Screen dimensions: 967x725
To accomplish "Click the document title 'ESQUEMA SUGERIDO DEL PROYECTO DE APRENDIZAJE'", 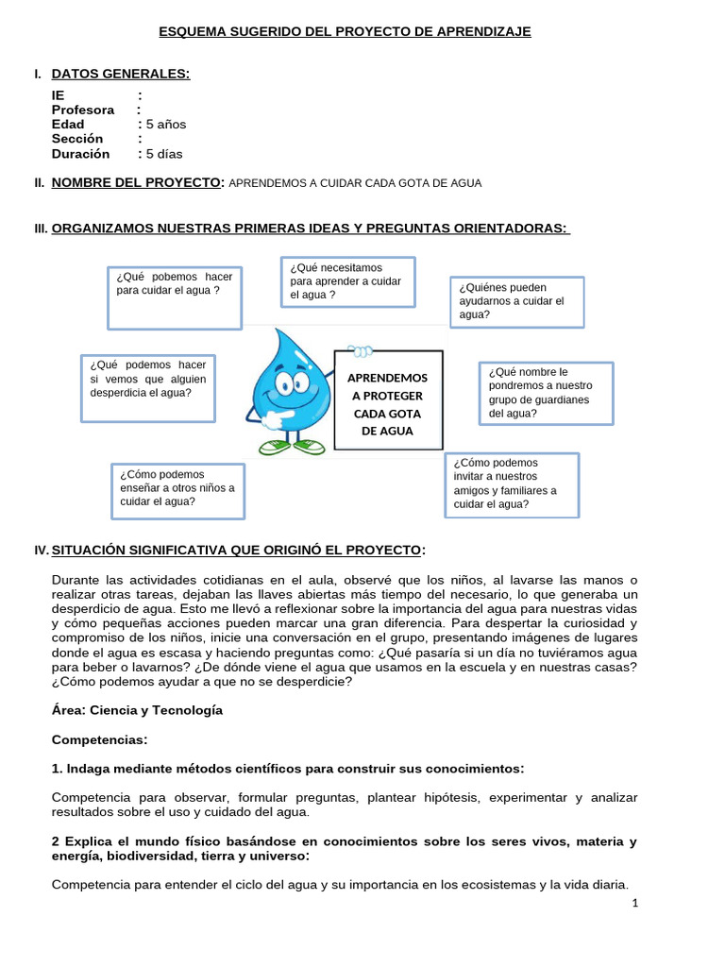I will [x=344, y=32].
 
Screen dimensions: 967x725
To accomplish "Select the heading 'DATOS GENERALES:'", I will [x=120, y=74].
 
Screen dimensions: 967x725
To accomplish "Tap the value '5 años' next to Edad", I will [x=165, y=124].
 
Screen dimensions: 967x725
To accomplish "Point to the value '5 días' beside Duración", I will [x=163, y=153].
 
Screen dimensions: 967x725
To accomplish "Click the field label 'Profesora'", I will [x=83, y=110].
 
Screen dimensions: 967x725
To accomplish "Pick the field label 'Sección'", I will [x=77, y=139].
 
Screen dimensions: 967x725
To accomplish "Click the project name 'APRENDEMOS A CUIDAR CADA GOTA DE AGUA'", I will [x=355, y=183].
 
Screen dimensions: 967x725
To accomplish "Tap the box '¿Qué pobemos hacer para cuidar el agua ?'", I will [x=174, y=297].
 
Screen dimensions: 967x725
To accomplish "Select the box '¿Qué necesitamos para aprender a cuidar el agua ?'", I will [x=347, y=281].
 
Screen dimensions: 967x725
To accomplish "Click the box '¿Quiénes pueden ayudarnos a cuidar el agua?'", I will [x=515, y=301].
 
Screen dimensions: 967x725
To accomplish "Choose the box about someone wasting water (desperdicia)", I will [x=149, y=388].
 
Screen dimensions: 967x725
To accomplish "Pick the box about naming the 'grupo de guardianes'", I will [x=546, y=393].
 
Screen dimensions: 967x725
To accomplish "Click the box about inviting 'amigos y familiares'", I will [x=511, y=484].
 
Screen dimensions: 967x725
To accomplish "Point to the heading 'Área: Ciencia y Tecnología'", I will [x=137, y=710].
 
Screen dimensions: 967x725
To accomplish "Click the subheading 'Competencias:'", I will [x=99, y=739].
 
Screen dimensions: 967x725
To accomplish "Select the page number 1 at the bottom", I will [x=635, y=903].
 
